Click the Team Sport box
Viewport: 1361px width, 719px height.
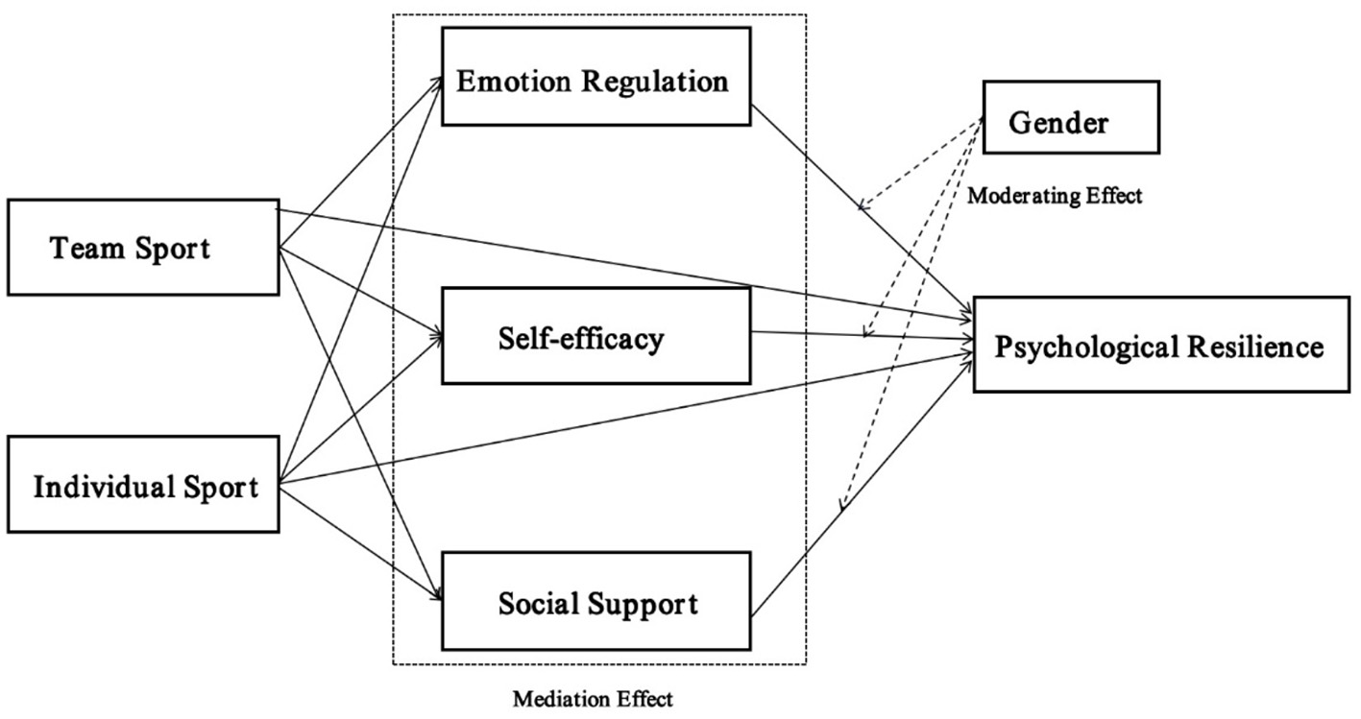coord(143,248)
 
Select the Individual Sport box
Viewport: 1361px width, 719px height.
coord(143,486)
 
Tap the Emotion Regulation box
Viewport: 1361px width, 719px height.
coord(595,77)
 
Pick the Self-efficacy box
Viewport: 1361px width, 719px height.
coord(595,335)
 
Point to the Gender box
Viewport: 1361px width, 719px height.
coord(1070,118)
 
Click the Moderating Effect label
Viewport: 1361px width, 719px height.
coord(1054,197)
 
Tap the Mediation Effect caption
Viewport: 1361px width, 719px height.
coord(593,698)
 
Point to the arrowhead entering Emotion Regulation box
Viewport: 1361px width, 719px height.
coord(437,80)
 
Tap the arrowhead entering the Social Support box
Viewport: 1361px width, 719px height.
coord(437,595)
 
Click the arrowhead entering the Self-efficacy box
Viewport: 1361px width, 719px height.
coord(437,336)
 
